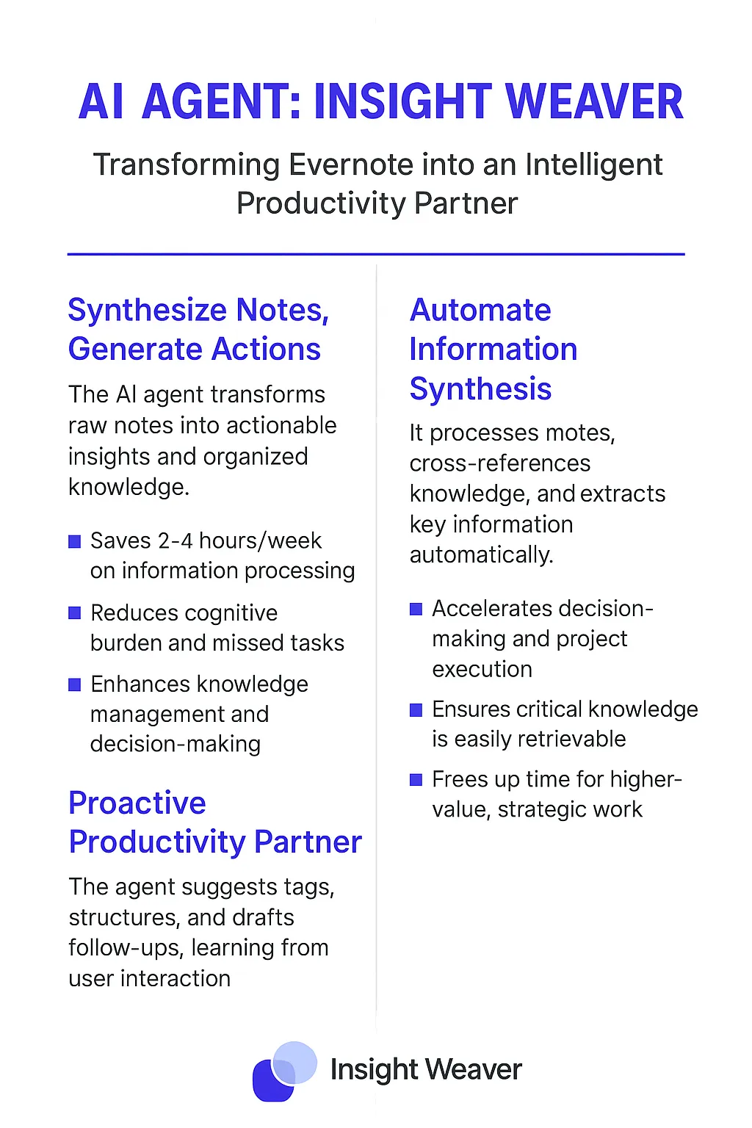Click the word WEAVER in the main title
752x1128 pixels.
(x=594, y=101)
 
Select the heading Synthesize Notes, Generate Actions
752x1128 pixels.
(x=199, y=329)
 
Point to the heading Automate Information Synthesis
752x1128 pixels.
(x=493, y=349)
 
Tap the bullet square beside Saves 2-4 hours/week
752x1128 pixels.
(x=75, y=542)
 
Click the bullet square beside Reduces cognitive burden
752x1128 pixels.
(x=75, y=613)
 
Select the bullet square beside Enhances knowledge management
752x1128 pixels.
(x=75, y=684)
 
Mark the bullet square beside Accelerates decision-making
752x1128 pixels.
(x=416, y=609)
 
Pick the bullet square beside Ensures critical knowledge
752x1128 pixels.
(x=416, y=710)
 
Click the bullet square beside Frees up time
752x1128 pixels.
(x=416, y=780)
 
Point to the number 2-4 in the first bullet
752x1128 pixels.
(x=176, y=540)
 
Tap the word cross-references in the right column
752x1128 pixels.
(x=499, y=463)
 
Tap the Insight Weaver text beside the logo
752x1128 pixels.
(x=426, y=1069)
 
